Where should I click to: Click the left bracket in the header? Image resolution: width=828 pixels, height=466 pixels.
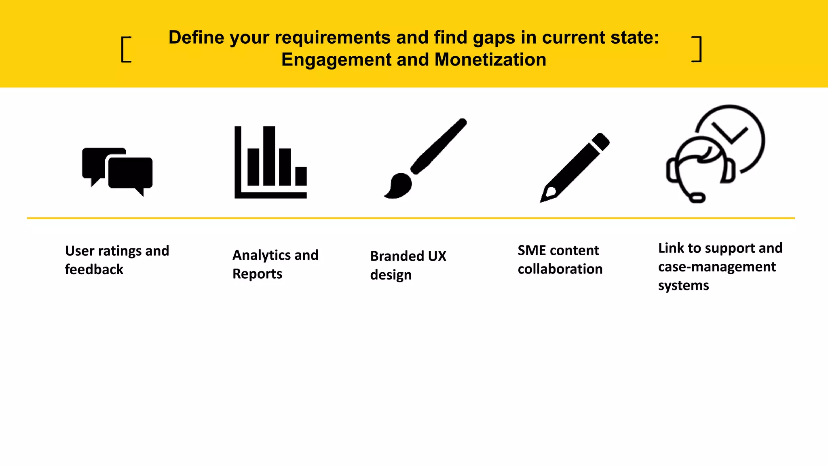pyautogui.click(x=126, y=49)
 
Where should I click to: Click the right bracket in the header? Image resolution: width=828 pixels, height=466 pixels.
pyautogui.click(x=697, y=49)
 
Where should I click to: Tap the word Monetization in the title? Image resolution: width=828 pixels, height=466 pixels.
pyautogui.click(x=490, y=60)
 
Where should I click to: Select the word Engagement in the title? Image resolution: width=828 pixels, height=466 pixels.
pyautogui.click(x=336, y=60)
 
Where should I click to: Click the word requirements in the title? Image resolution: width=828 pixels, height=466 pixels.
pyautogui.click(x=332, y=38)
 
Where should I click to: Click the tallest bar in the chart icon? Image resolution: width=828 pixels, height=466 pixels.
pyautogui.click(x=269, y=156)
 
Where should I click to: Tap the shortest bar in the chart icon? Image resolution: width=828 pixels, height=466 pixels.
pyautogui.click(x=301, y=176)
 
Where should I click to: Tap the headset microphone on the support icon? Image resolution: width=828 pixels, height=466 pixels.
pyautogui.click(x=697, y=198)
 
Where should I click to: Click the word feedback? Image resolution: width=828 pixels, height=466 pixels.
pyautogui.click(x=94, y=269)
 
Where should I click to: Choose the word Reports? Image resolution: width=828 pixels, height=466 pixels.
pyautogui.click(x=257, y=274)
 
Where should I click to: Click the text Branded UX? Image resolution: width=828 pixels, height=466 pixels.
pyautogui.click(x=408, y=256)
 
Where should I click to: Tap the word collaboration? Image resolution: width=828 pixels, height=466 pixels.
pyautogui.click(x=560, y=269)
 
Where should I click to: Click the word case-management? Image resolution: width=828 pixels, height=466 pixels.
pyautogui.click(x=716, y=267)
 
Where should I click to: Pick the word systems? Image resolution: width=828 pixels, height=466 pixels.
pyautogui.click(x=683, y=286)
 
